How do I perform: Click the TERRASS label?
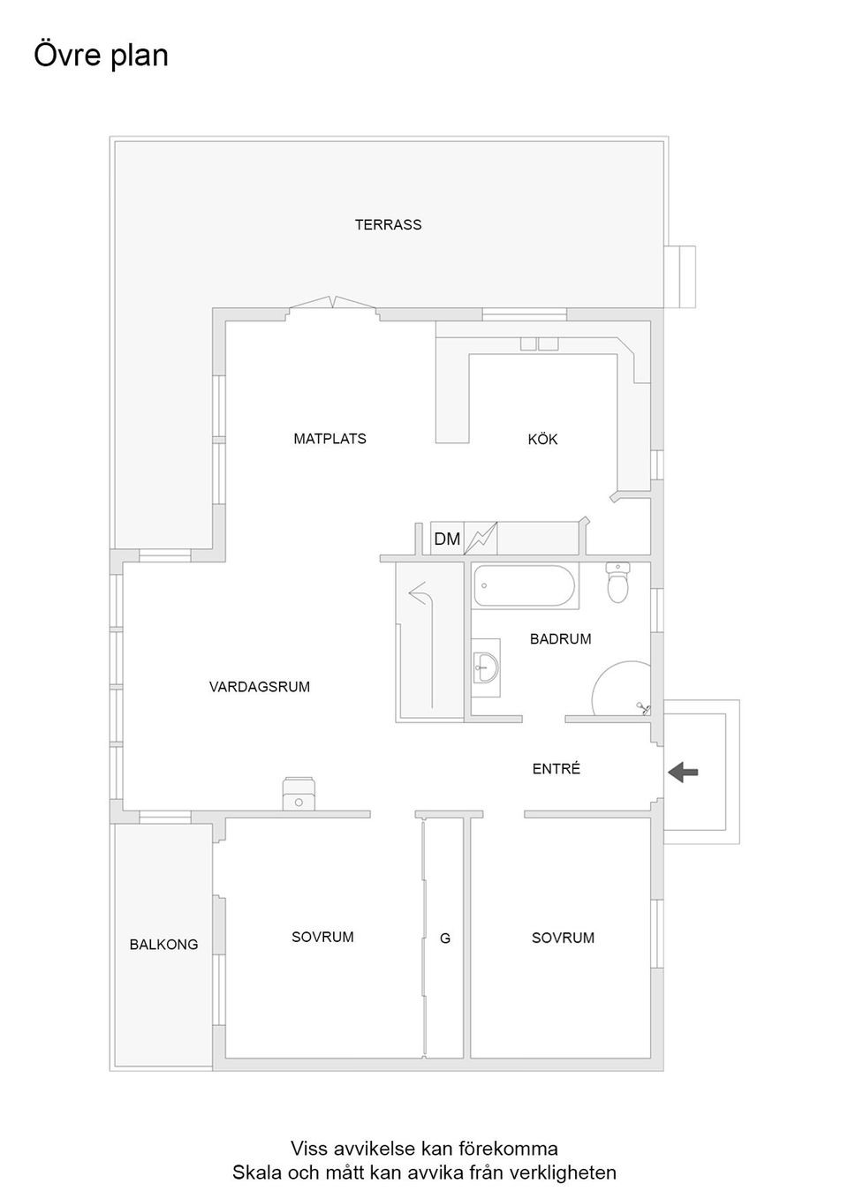[388, 224]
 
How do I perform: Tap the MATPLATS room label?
[329, 438]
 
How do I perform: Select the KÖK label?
[542, 439]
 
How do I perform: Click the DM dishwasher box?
[447, 539]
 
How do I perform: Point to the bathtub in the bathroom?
[524, 585]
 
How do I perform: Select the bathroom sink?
[485, 667]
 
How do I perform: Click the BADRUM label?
[560, 638]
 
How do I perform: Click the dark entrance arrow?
[683, 773]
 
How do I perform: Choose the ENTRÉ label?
[556, 769]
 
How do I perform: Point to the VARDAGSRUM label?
[259, 686]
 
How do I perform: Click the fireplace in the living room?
[299, 794]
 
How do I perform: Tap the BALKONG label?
[163, 944]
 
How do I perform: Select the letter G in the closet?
[445, 939]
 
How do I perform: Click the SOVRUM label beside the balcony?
[322, 937]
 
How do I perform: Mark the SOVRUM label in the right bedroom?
[563, 938]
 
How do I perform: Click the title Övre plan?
[101, 55]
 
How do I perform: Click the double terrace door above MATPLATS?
[333, 304]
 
